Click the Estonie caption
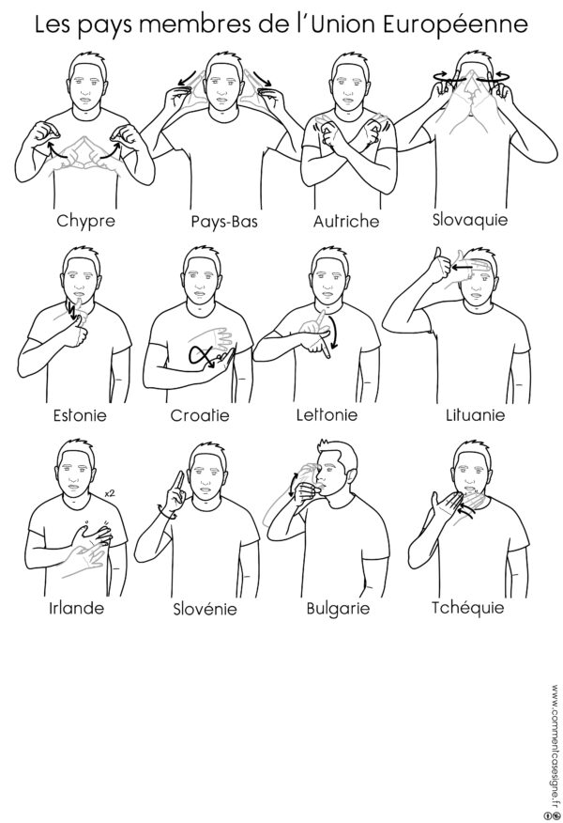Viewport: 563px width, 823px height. [79, 413]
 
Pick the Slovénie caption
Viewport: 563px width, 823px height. [203, 608]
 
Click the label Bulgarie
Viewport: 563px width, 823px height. [338, 608]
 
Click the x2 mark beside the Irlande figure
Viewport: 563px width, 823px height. [109, 492]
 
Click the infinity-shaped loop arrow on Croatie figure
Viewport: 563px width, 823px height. [203, 357]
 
